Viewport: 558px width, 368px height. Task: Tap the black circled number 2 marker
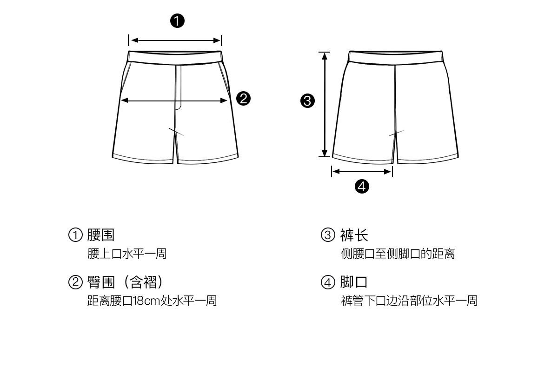(244, 99)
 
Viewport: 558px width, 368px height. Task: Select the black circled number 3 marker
(308, 100)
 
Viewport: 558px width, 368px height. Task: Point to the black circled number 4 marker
(362, 187)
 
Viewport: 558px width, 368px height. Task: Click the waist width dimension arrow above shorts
(175, 40)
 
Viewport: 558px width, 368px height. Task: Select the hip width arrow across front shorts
(175, 100)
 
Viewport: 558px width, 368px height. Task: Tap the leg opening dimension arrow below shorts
(362, 172)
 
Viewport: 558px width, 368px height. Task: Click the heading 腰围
(101, 235)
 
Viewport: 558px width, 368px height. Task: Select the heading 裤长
(354, 235)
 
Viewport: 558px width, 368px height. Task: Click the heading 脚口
(354, 282)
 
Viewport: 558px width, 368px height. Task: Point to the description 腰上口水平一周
(127, 254)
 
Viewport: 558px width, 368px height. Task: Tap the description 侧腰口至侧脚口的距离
(398, 254)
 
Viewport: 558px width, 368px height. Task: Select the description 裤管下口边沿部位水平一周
(409, 301)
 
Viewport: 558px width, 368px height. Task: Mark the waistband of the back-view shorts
(394, 58)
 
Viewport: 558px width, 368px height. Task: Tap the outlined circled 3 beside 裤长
(328, 235)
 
